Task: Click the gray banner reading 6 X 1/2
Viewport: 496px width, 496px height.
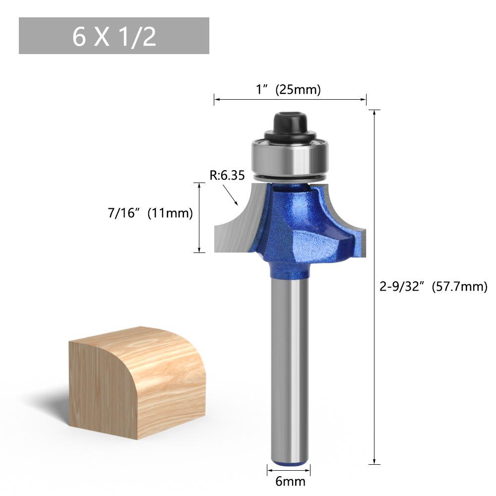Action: (114, 36)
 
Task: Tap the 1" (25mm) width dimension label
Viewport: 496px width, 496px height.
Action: (288, 89)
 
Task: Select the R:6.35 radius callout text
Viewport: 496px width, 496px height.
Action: (227, 175)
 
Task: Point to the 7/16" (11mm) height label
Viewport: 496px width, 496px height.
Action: (150, 213)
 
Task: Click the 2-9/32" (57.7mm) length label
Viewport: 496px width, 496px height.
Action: (434, 287)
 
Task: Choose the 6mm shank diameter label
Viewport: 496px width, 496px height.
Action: (290, 482)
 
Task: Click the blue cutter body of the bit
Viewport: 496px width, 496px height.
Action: (297, 228)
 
